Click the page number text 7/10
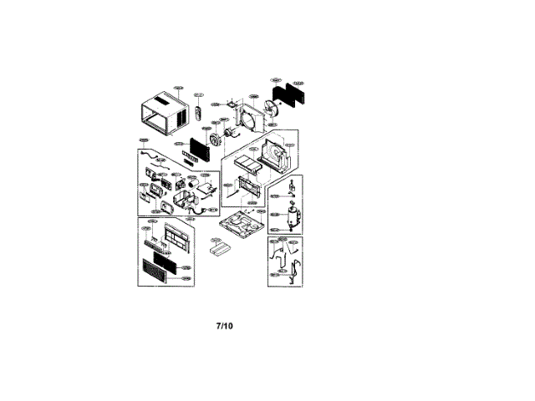tap(224, 325)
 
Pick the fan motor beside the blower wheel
tap(227, 130)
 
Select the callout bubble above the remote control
tap(199, 95)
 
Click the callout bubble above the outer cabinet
tap(178, 87)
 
